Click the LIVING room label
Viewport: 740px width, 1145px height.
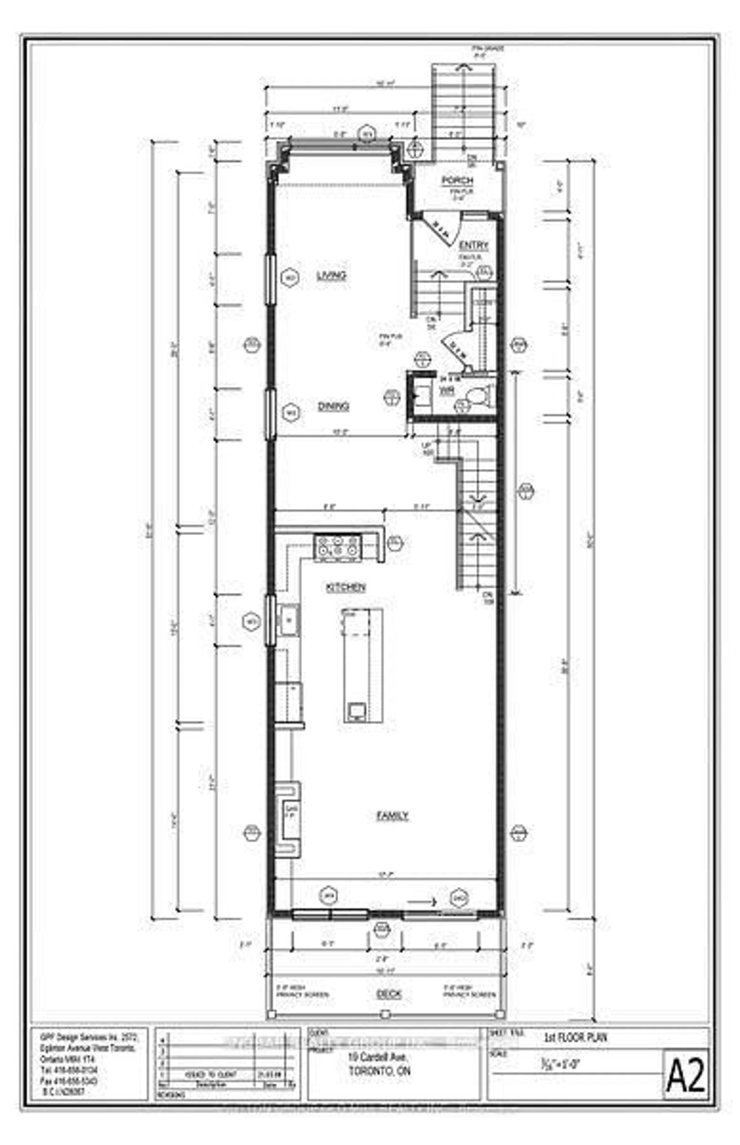[x=332, y=276]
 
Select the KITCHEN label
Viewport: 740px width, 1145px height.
[x=346, y=587]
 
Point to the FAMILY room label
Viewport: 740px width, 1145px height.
[x=392, y=816]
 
